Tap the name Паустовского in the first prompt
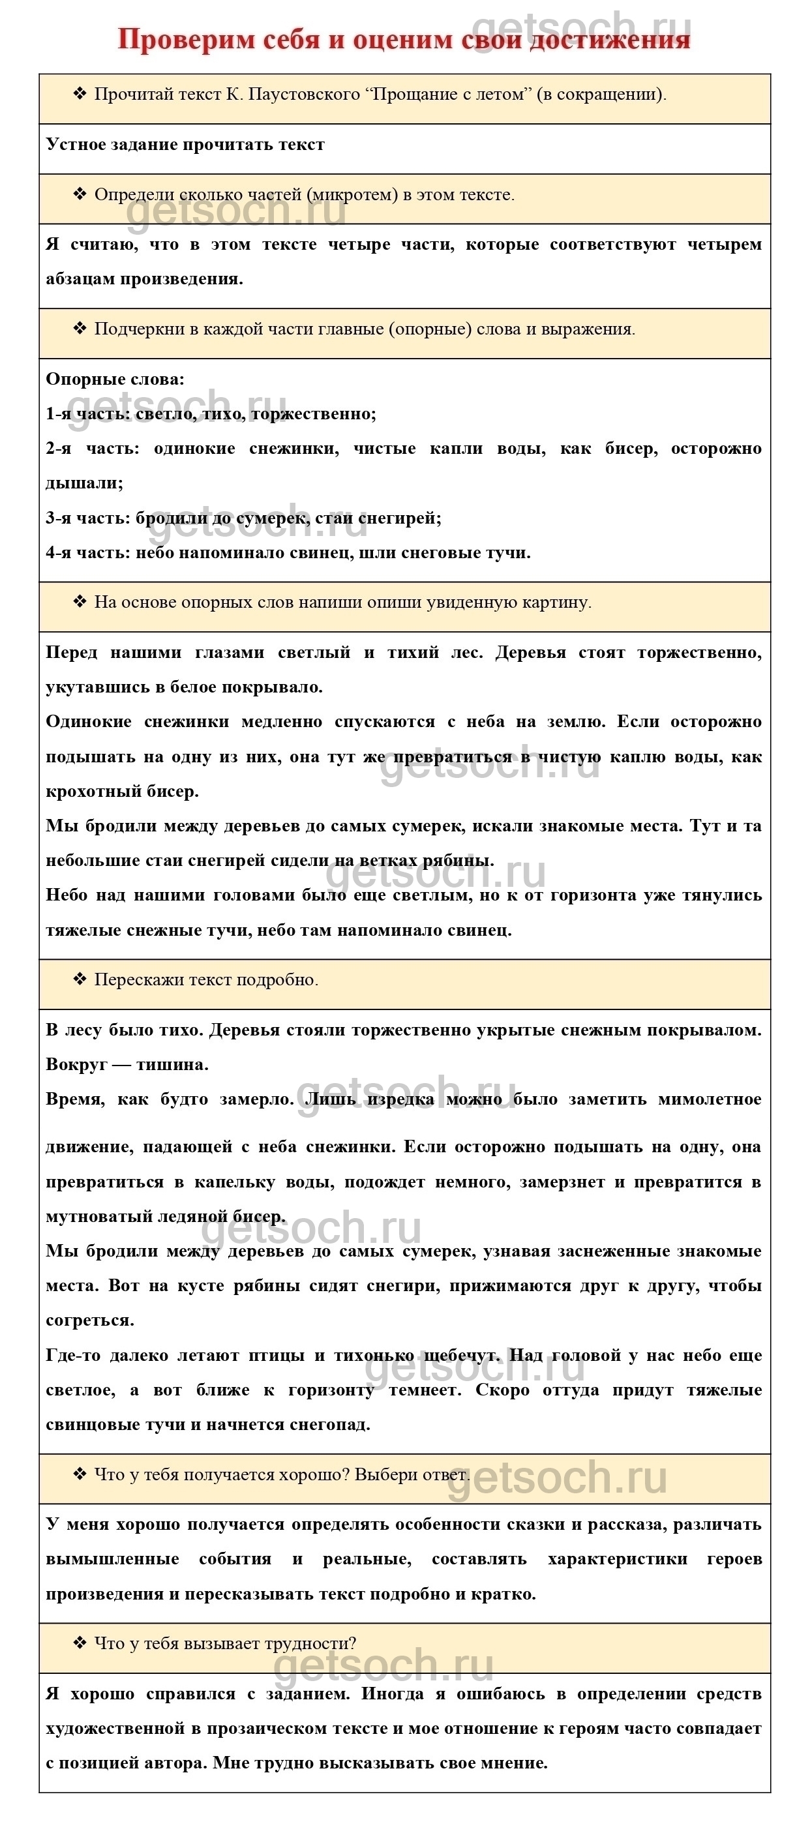pos(303,95)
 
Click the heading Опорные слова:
pos(115,380)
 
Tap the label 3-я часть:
pos(87,518)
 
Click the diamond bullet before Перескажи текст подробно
pos(80,979)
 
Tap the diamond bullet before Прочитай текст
pos(80,94)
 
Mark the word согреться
pos(90,1320)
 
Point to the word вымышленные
pos(113,1560)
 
